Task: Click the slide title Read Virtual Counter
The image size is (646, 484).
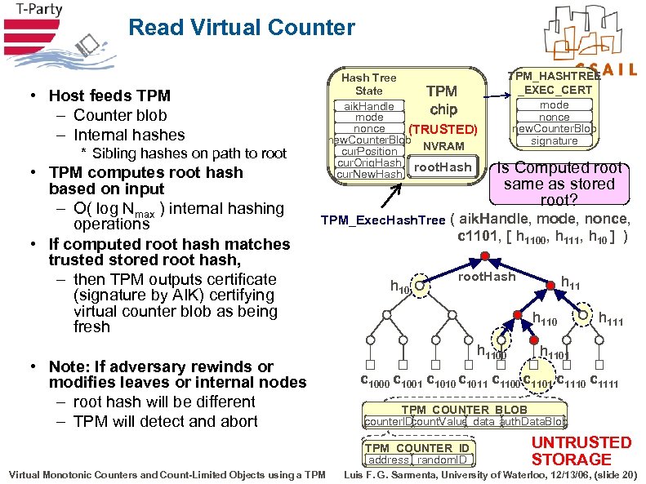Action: click(242, 29)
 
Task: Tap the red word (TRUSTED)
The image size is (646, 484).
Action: click(443, 129)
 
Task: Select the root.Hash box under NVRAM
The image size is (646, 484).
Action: click(442, 167)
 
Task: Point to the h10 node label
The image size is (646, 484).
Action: click(400, 287)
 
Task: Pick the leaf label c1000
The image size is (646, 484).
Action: click(376, 380)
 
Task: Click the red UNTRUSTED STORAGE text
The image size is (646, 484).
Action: click(581, 451)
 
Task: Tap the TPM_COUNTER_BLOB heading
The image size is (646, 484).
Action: click(464, 410)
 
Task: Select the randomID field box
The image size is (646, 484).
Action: click(448, 460)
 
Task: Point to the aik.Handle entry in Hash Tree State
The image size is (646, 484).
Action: click(368, 106)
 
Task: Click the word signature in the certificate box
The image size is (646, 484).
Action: click(554, 140)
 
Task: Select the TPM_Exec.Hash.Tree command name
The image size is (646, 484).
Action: click(383, 220)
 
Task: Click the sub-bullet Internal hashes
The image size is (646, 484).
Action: click(128, 135)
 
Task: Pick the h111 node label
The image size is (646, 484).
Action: click(610, 320)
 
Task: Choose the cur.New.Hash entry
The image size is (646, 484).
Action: click(369, 175)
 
